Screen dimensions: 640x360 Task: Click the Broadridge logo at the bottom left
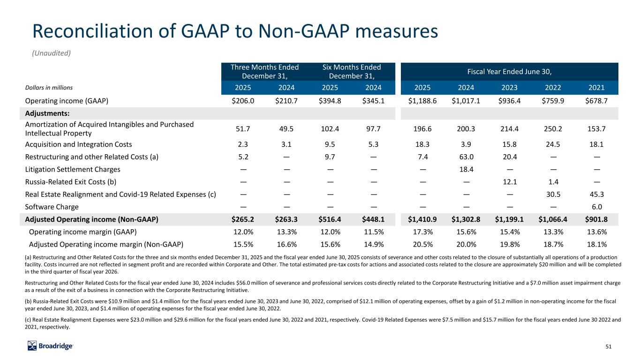(50, 346)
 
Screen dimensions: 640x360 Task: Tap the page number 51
(608, 346)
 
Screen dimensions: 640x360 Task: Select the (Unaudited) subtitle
(51, 53)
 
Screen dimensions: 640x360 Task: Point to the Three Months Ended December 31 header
(264, 71)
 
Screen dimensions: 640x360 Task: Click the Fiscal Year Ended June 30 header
(510, 71)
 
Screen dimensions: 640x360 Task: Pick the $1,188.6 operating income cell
(422, 101)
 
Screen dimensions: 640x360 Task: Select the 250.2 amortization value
(553, 129)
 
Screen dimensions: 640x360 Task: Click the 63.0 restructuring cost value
(466, 157)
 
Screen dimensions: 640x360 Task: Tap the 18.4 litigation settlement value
(466, 169)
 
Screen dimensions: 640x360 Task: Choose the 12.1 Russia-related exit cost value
(510, 182)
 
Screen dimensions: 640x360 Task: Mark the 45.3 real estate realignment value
(596, 195)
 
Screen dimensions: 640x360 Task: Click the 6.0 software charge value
(596, 207)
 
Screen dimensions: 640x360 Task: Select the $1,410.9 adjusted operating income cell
(422, 219)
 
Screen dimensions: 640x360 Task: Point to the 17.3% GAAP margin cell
(422, 232)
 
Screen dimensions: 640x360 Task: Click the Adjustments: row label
(47, 113)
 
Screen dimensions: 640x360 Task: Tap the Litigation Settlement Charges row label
(73, 169)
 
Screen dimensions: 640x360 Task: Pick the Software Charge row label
(52, 207)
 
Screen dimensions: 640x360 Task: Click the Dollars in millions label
(49, 88)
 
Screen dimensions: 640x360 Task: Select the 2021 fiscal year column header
(596, 88)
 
